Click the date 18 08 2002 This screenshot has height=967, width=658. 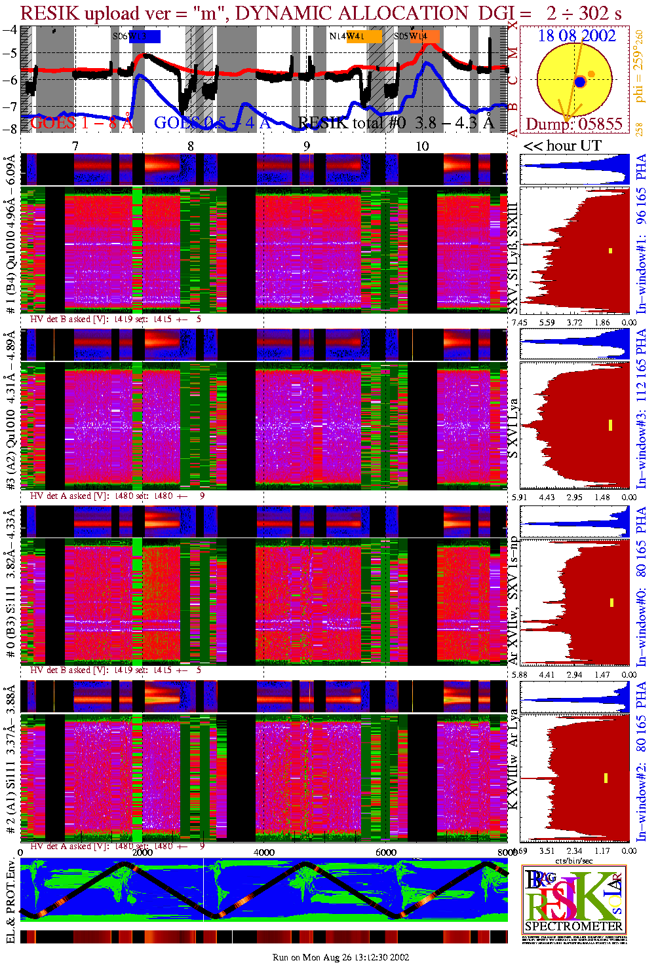577,36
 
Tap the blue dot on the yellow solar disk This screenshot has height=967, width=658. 580,82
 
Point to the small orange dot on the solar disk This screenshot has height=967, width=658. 591,74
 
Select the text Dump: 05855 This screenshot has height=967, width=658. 574,124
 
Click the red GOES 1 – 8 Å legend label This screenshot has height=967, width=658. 81,122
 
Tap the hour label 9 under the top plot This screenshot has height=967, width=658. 307,146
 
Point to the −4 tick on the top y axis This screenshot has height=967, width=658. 10,29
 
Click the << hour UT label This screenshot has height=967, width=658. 562,146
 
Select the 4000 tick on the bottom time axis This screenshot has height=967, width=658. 264,852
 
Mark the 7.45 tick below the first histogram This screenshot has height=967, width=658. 519,322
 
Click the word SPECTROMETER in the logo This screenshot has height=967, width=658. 573,926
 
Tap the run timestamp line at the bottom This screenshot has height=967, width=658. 340,957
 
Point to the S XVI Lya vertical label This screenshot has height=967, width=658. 513,429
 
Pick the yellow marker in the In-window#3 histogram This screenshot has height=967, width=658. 610,425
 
